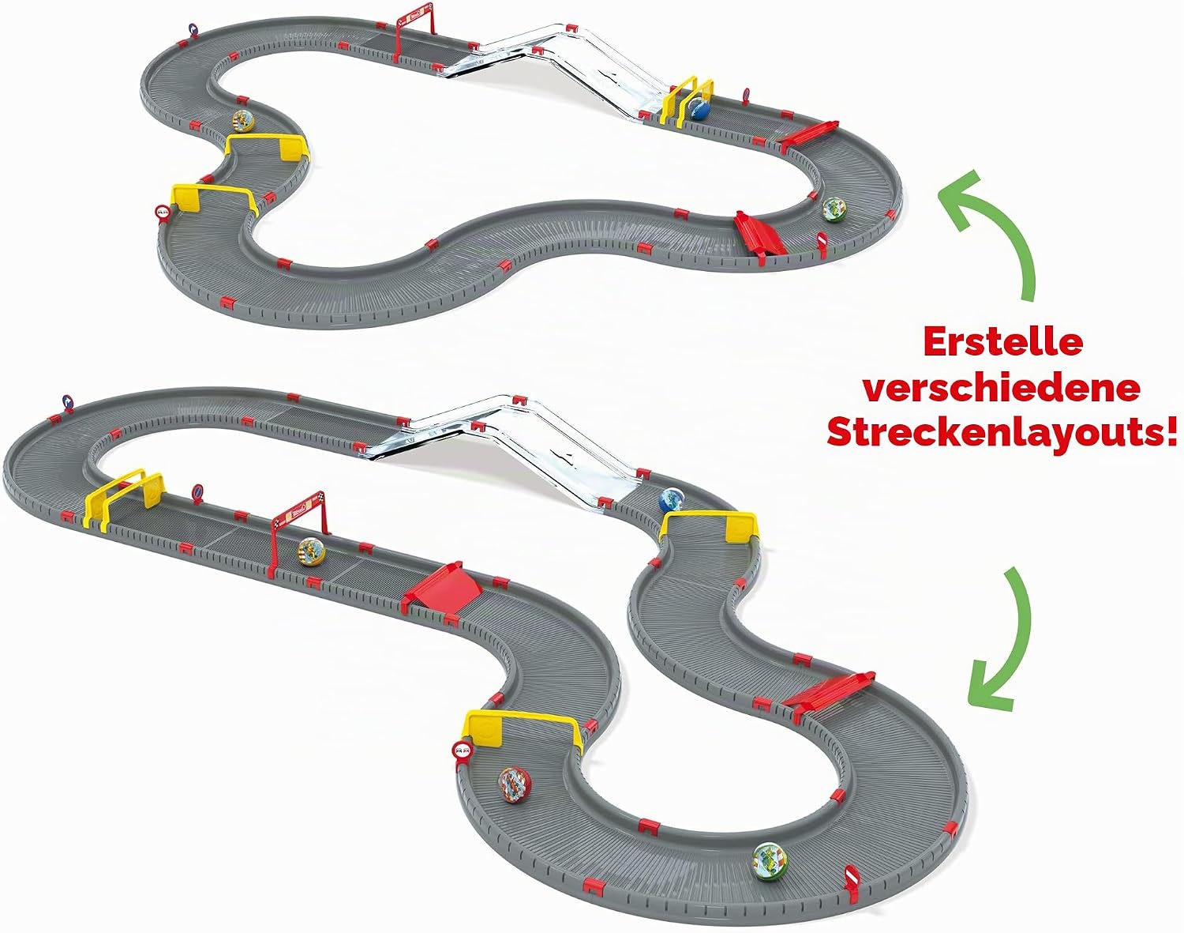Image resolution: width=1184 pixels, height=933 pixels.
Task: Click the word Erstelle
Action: tap(1003, 342)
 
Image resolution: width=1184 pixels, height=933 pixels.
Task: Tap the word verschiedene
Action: tap(1002, 388)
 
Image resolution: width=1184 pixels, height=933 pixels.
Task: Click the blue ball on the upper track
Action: tap(699, 109)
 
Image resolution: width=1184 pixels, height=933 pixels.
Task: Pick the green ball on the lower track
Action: tap(771, 875)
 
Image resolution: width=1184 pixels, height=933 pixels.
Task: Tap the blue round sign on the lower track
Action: tap(68, 401)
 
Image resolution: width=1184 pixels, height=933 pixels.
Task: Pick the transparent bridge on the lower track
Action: tap(506, 447)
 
